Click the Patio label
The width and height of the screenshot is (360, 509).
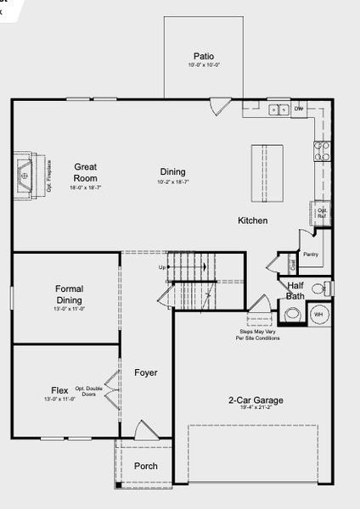pos(203,56)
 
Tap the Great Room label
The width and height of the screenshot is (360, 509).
pos(86,173)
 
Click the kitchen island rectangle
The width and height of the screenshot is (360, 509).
pos(267,173)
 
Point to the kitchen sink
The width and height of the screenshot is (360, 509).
pos(278,109)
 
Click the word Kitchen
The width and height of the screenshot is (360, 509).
pos(252,221)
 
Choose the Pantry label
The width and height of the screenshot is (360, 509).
pos(310,254)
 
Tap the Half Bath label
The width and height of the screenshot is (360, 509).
pos(295,291)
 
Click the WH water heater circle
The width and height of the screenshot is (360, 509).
pos(319,314)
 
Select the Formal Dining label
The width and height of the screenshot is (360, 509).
pos(69,294)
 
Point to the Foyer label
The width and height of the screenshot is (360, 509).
pos(146,372)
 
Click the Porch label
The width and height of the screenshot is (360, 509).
pos(145,466)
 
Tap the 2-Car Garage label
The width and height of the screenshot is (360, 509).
pos(255,400)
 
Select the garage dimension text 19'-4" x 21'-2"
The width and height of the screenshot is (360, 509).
pos(255,408)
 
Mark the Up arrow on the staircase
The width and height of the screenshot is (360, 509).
pos(163,268)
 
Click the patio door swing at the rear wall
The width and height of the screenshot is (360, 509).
pos(220,107)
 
